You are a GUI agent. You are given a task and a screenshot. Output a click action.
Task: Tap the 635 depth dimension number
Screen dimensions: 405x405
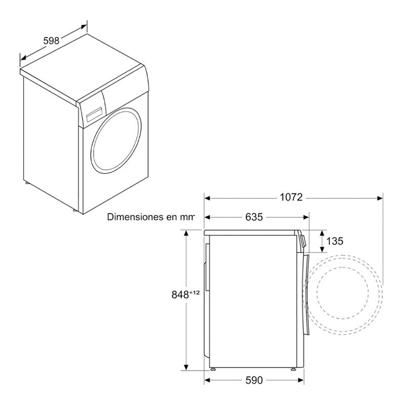(254, 217)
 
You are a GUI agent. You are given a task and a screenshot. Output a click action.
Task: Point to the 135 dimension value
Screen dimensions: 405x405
(335, 241)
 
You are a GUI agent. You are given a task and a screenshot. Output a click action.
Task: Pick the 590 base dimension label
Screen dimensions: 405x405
(254, 380)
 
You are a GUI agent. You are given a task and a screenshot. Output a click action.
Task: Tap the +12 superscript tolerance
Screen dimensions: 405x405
(194, 291)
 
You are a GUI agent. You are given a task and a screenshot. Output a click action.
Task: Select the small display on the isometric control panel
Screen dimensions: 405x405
(94, 113)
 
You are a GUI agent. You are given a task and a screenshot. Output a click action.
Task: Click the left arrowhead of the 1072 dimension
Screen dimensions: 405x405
(207, 197)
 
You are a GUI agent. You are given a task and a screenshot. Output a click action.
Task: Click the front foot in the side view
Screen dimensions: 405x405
(293, 369)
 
